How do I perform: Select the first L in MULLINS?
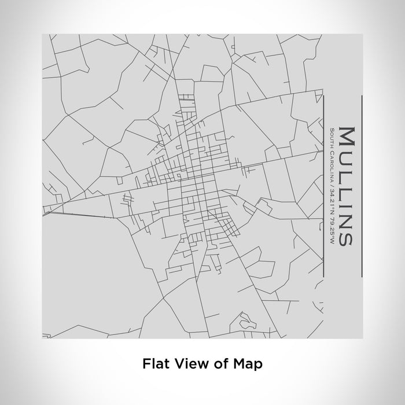[x=346, y=168]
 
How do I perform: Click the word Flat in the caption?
[x=154, y=364]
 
